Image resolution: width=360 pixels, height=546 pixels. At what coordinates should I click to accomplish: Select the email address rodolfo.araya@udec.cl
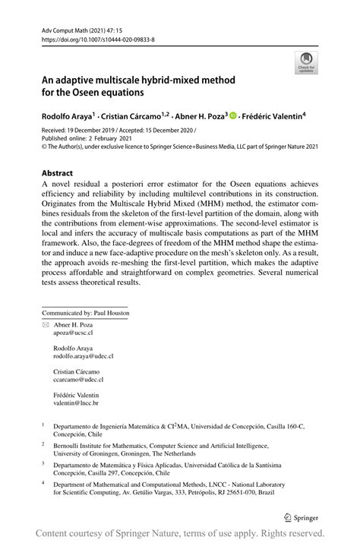83,355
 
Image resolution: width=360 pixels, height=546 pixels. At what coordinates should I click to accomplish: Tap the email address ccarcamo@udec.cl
77,378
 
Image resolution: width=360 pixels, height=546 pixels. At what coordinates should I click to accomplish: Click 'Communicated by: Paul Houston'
85,312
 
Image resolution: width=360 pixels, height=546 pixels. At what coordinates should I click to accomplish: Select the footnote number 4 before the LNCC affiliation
43,481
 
